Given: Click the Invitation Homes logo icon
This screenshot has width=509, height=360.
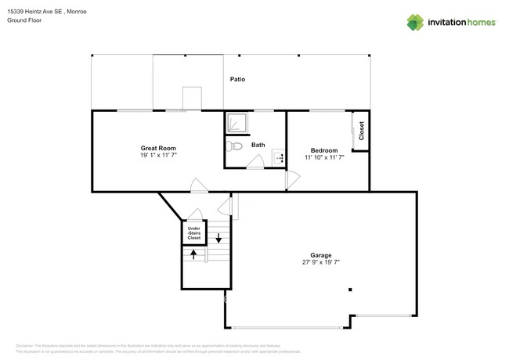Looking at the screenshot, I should click(x=414, y=22).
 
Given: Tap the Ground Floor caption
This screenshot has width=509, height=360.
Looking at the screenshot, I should click(x=23, y=21).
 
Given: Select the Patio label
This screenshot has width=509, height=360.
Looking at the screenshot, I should click(x=238, y=79).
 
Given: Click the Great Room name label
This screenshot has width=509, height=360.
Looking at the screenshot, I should click(x=157, y=148).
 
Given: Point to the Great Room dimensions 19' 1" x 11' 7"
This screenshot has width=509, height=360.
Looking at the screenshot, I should click(x=157, y=156).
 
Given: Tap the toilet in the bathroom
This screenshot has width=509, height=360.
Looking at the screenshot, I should click(x=233, y=146).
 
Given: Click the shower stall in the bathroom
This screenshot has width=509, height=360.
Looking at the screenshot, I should click(x=236, y=124).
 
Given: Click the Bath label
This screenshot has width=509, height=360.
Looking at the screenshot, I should click(x=258, y=145).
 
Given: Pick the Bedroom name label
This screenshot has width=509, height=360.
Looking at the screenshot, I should click(x=324, y=150).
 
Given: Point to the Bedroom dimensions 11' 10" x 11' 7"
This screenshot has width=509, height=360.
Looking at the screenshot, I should click(x=324, y=157).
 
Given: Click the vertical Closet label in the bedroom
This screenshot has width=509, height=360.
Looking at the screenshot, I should click(x=361, y=131).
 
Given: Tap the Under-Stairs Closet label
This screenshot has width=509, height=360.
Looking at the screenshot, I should click(x=194, y=232).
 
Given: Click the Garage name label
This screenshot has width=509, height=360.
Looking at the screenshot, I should click(x=321, y=255).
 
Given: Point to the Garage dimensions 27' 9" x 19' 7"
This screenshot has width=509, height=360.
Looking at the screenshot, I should click(x=321, y=263).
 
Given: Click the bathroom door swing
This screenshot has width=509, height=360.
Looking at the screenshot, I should click(x=255, y=162).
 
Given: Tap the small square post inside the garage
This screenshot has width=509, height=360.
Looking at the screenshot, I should click(x=350, y=290).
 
